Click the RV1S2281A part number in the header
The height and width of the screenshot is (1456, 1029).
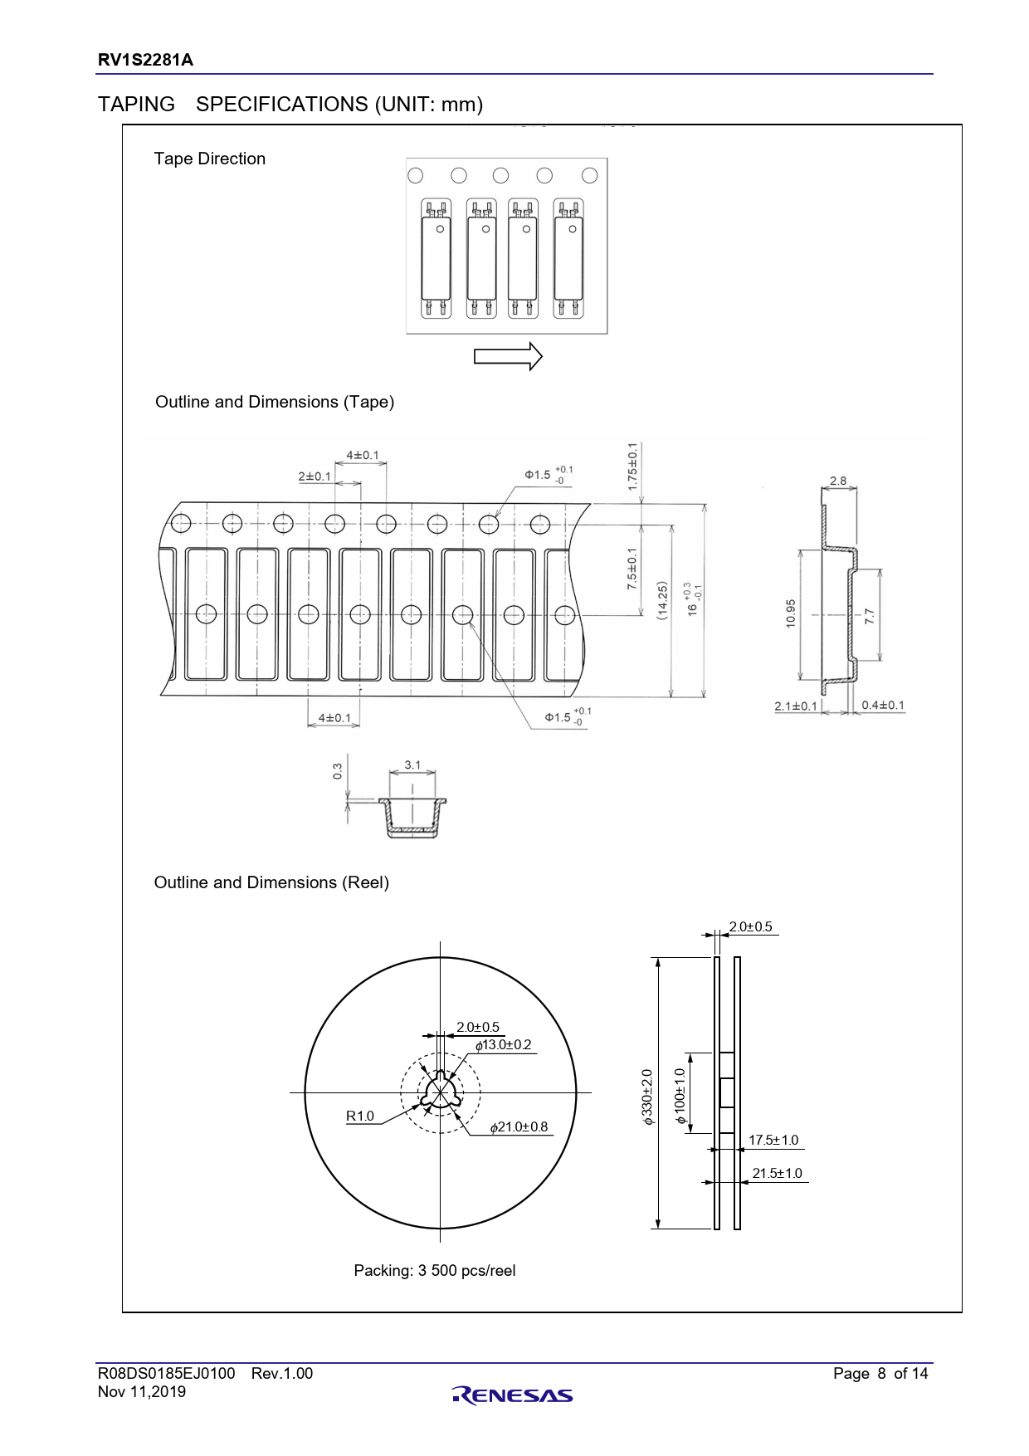(145, 60)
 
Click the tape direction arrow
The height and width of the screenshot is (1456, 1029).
(508, 357)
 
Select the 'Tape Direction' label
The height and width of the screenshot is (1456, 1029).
(209, 159)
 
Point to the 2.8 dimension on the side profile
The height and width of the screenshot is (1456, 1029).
(838, 481)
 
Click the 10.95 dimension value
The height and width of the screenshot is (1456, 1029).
(790, 613)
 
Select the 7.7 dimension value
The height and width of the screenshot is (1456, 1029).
(869, 616)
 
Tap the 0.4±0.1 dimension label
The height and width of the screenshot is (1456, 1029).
(883, 705)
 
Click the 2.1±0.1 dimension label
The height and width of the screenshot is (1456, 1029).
(796, 706)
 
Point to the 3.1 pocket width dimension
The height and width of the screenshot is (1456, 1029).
(412, 765)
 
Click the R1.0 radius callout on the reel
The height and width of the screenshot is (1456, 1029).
(360, 1116)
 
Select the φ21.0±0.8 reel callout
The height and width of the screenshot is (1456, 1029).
(519, 1126)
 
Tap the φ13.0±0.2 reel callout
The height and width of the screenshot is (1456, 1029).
(503, 1044)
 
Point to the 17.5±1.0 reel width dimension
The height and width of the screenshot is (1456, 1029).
(773, 1141)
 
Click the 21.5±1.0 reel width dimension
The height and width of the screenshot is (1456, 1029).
(777, 1173)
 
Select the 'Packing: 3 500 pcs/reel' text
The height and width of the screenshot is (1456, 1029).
(434, 1270)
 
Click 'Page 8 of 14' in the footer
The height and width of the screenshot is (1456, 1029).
(880, 1373)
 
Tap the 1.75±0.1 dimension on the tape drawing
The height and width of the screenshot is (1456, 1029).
(632, 467)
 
